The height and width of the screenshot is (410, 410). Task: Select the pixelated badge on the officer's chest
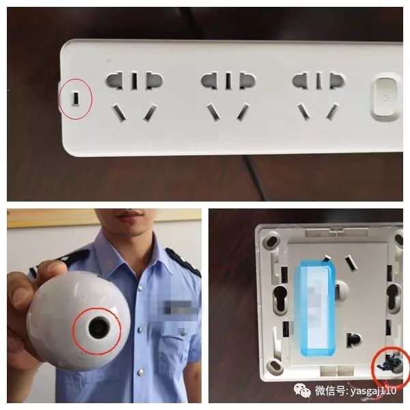pyautogui.click(x=177, y=308)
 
